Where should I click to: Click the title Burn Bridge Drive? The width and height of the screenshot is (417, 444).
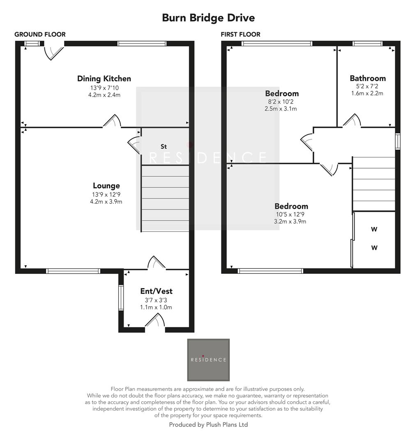(208, 18)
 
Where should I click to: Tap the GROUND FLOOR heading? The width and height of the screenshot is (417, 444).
(40, 35)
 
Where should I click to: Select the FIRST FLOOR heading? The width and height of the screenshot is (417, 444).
(240, 35)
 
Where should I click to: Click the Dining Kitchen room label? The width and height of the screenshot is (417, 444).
(104, 79)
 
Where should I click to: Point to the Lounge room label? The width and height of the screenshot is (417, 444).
(106, 186)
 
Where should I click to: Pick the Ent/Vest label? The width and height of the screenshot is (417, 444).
(156, 291)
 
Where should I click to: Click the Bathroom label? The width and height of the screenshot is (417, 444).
(367, 78)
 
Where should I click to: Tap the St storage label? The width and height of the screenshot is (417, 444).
(164, 146)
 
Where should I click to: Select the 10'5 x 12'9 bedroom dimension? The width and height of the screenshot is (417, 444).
(291, 214)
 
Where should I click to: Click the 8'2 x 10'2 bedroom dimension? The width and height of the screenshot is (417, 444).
(281, 102)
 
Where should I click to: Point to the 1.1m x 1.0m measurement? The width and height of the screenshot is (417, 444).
(156, 307)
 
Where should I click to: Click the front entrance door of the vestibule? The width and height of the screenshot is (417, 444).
(155, 323)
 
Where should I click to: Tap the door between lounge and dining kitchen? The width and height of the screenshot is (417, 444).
(112, 122)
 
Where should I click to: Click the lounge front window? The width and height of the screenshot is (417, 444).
(73, 271)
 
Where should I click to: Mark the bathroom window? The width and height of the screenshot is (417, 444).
(367, 44)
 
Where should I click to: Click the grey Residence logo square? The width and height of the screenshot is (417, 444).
(208, 360)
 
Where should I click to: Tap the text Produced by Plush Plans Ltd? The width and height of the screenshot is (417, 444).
(208, 425)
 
